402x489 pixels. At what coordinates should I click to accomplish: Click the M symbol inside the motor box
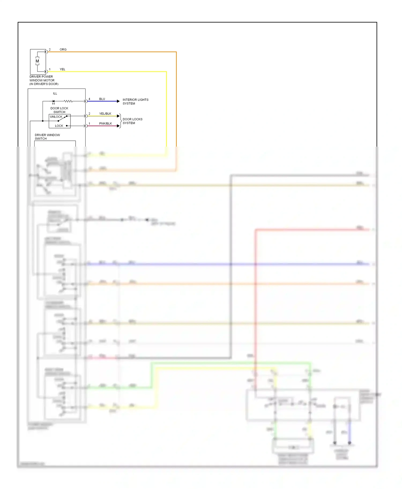(37, 61)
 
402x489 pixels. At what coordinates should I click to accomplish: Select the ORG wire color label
(63, 49)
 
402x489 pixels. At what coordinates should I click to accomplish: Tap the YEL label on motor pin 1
(62, 69)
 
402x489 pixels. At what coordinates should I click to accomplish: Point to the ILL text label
(55, 93)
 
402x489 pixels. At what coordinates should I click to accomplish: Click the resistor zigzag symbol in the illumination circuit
(68, 101)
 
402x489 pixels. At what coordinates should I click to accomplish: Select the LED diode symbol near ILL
(53, 101)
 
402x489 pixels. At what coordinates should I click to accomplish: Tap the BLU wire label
(102, 99)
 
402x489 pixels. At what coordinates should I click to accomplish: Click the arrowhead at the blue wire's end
(118, 101)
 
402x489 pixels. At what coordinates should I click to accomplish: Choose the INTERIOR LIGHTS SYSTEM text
(135, 101)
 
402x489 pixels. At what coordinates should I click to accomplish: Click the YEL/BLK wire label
(105, 114)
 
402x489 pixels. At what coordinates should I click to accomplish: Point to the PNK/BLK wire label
(105, 124)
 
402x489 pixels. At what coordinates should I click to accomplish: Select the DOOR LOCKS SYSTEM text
(132, 121)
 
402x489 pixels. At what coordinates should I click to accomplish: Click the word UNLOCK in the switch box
(56, 117)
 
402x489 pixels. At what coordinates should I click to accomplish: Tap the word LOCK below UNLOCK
(59, 126)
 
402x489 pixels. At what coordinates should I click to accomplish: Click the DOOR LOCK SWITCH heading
(59, 110)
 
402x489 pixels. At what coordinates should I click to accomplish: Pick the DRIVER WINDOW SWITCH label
(47, 137)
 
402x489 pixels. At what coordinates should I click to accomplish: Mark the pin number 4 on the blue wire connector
(89, 99)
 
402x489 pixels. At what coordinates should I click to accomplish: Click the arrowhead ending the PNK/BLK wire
(118, 126)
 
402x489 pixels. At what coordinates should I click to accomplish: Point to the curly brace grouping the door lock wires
(120, 121)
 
